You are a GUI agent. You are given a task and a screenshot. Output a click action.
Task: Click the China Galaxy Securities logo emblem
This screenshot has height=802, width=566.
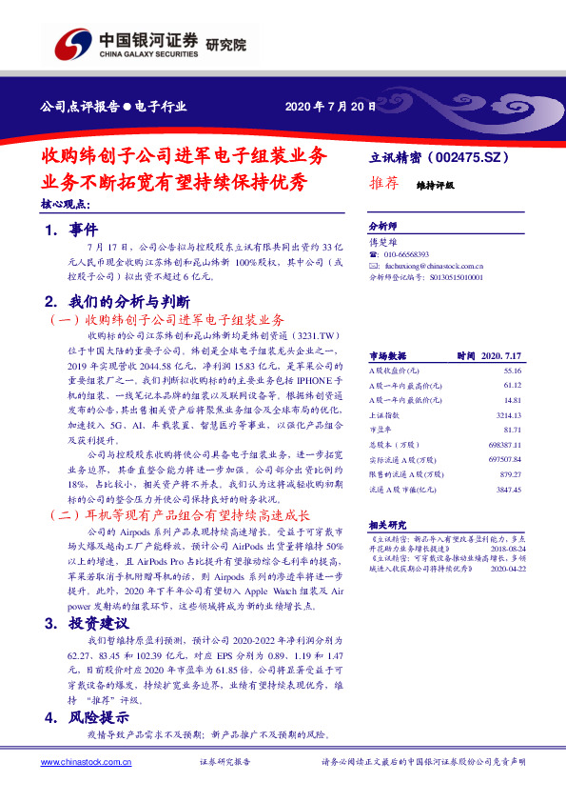[72, 44]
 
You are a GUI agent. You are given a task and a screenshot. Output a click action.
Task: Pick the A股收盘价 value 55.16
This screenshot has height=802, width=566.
[513, 369]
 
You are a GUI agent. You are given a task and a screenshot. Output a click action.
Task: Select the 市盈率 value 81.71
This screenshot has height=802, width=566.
[513, 431]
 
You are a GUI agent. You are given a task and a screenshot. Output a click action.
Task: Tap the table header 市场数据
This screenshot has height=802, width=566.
[387, 354]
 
